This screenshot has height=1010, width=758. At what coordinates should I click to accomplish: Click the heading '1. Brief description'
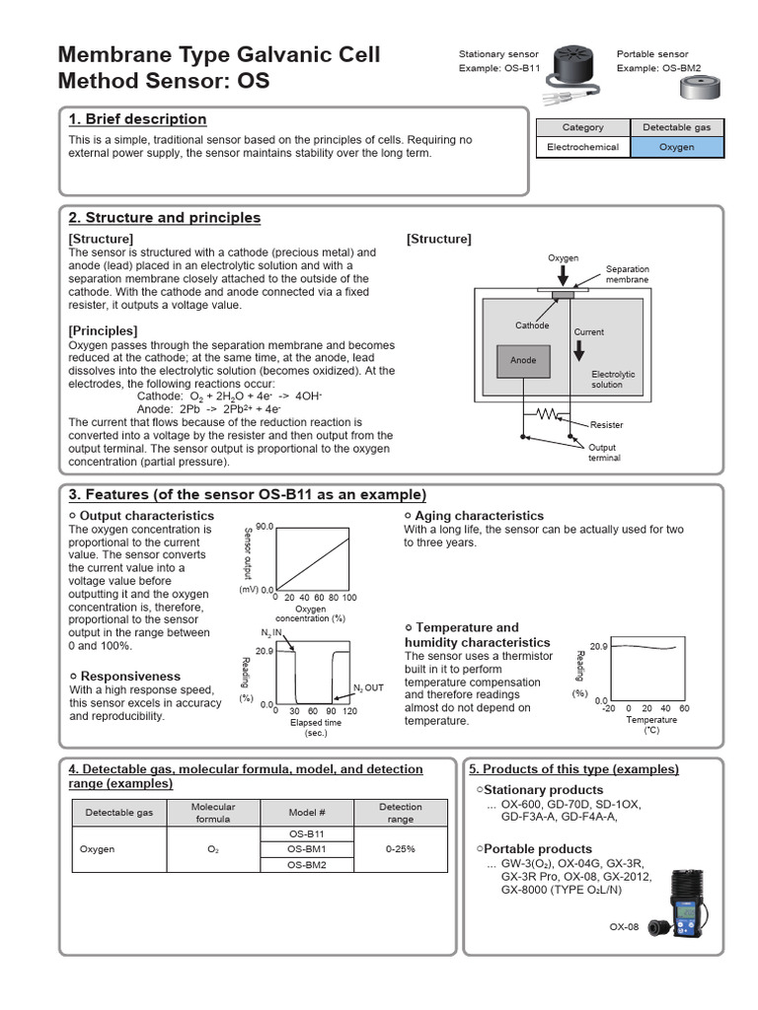[137, 119]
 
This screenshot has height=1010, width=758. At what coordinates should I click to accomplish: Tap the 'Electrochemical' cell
[582, 147]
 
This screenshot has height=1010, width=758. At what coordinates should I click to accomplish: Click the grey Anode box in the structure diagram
[523, 360]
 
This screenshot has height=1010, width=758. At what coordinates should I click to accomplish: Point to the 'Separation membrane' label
[627, 274]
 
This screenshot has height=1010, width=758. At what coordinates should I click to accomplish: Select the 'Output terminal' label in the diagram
[603, 453]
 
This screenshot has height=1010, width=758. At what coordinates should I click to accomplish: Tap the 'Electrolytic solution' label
[613, 380]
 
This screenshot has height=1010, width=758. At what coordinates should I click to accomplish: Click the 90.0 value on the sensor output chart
[264, 527]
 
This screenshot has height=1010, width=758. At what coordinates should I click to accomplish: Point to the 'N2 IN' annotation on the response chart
[271, 631]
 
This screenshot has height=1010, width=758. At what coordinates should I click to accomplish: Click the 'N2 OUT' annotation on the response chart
[368, 687]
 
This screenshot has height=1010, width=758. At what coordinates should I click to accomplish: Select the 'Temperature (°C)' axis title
[651, 725]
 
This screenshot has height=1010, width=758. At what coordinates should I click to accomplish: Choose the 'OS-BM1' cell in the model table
[306, 849]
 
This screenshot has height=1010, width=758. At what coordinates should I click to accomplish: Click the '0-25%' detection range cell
[401, 849]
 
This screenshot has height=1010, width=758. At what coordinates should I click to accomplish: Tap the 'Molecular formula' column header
[213, 813]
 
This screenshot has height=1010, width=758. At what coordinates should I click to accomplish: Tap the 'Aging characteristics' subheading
[479, 516]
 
